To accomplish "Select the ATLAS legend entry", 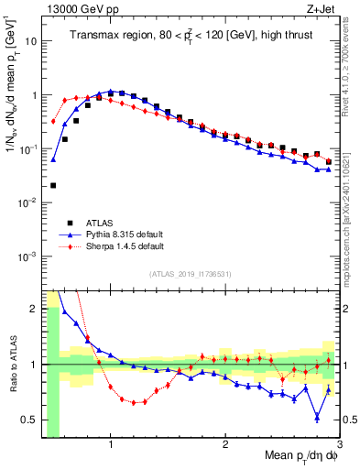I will tap(99, 222).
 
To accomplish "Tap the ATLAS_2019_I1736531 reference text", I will tap(191, 274).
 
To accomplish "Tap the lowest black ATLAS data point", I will tap(53, 185).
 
